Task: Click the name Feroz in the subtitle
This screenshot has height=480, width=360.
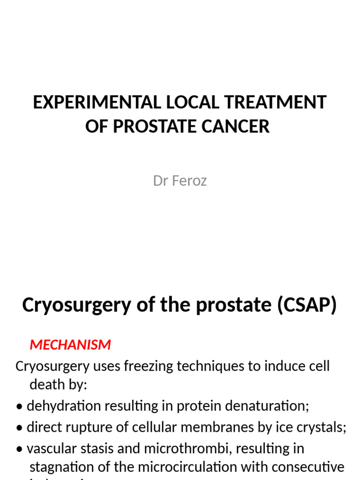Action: click(x=190, y=181)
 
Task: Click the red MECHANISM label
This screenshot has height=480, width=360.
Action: click(x=70, y=345)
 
